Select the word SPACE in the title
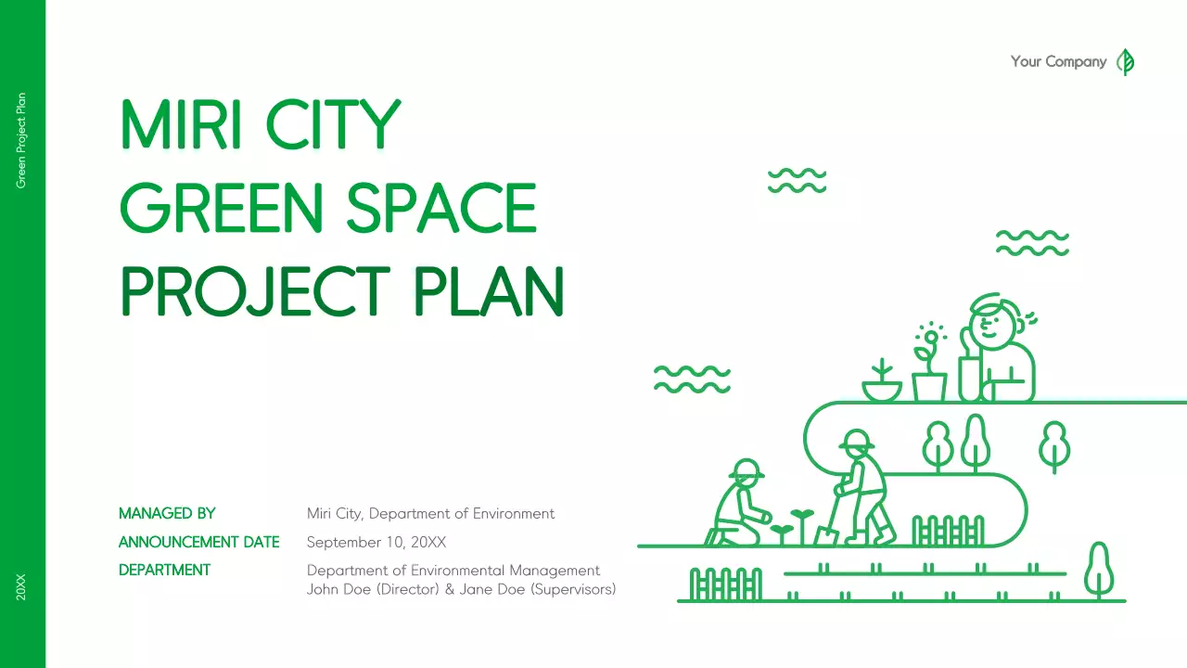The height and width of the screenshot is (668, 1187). coord(441,208)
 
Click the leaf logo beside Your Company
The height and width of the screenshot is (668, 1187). coord(1126,62)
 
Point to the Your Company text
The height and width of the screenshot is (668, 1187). coord(1058,62)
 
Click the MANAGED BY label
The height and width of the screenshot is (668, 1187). coord(167,513)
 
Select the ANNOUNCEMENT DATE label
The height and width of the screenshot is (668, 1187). coord(198,542)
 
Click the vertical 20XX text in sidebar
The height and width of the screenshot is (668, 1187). coord(22,587)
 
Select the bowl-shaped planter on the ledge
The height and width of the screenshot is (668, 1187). coord(882,389)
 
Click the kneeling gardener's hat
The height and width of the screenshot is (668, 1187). coord(747,469)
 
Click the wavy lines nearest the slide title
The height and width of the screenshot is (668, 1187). coord(797,181)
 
